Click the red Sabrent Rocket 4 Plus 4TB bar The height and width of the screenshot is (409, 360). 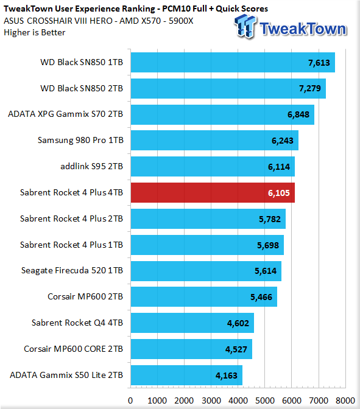tap(213, 192)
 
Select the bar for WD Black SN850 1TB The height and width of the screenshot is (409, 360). tap(233, 62)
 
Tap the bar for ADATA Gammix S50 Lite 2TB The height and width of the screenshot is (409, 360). tap(186, 375)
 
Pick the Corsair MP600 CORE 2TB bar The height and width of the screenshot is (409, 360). tap(191, 349)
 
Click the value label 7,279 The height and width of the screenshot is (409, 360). tap(310, 88)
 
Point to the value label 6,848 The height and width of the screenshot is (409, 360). tap(298, 114)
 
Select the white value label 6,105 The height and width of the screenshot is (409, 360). tap(279, 193)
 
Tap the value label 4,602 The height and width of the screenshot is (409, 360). tap(238, 323)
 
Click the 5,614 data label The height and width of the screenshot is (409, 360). tap(266, 271)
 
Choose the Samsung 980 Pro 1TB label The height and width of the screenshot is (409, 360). tap(80, 141)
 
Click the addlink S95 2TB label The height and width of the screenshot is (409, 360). tap(91, 166)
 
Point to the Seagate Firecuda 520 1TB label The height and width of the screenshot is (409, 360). tap(72, 270)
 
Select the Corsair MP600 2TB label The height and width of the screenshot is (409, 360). tap(85, 296)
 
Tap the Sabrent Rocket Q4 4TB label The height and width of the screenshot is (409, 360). tap(77, 323)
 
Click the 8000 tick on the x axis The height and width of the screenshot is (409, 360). tap(345, 400)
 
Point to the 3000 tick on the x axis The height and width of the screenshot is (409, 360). tap(211, 400)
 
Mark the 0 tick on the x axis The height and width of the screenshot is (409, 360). tap(130, 400)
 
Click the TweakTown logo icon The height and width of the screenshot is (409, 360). tap(245, 26)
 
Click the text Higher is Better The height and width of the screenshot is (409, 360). tap(35, 33)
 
